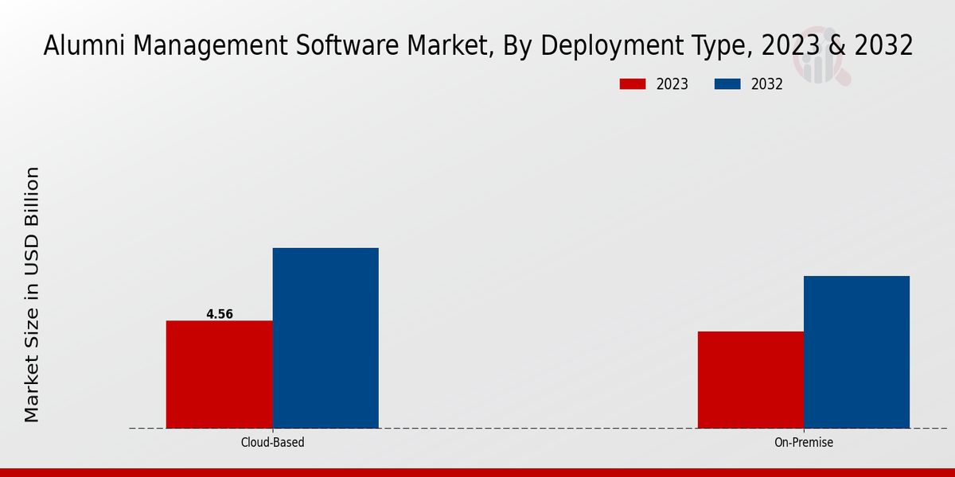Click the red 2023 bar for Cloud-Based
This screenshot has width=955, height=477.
[x=219, y=374]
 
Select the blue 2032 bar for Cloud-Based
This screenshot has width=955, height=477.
[x=325, y=338]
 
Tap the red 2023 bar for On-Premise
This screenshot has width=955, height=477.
[x=750, y=380]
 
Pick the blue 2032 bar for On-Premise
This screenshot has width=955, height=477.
[x=856, y=352]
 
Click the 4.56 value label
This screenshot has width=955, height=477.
[x=220, y=314]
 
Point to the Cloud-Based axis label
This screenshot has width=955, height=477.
[x=272, y=442]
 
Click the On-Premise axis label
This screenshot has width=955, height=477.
[x=804, y=442]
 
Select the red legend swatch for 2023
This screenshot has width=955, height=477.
[x=633, y=84]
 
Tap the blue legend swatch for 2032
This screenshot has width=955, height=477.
[x=728, y=84]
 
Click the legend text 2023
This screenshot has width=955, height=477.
[x=672, y=84]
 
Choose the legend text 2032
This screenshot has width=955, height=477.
[x=767, y=84]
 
